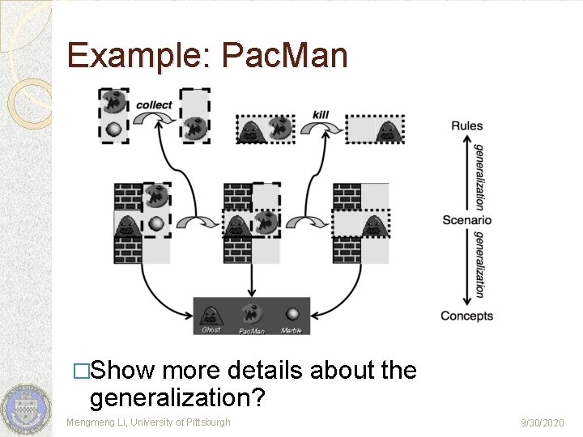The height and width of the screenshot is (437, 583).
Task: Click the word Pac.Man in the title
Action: (284, 56)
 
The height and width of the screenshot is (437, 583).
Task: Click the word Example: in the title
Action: (138, 56)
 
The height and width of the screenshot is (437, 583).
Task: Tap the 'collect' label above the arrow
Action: (153, 104)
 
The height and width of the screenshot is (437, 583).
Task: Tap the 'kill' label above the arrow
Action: (321, 114)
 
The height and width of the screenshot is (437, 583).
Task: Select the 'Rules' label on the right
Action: (467, 125)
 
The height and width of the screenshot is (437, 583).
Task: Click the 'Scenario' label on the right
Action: (466, 220)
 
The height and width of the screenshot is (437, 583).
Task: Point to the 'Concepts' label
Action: (466, 316)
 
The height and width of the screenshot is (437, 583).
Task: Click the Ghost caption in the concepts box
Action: (211, 330)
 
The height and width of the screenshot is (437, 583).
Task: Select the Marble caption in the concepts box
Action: (291, 330)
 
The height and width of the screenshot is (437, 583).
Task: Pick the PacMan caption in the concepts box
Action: (251, 331)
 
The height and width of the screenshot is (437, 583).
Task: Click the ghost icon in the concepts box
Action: (211, 314)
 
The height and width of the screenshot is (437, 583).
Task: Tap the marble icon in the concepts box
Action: (291, 314)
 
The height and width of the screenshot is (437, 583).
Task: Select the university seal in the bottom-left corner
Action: (25, 408)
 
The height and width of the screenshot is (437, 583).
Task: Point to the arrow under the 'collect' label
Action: (154, 120)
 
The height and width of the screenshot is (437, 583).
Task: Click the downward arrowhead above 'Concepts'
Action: (466, 299)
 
